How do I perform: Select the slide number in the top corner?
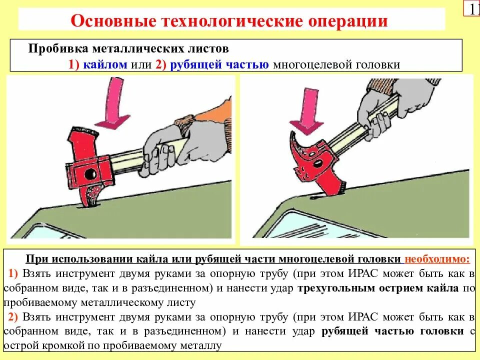coord(473,9)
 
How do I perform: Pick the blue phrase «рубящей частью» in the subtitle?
coord(220,64)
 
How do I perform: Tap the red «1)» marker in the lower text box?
coord(13,273)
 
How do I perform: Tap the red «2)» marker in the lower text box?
coord(13,317)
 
